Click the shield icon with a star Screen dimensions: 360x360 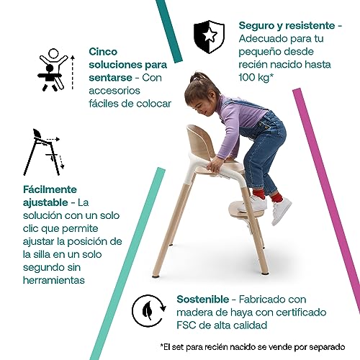(x=209, y=37)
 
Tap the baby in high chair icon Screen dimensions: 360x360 (x=53, y=70)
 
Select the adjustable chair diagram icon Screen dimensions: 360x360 (x=44, y=152)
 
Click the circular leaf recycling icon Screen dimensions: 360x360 (x=149, y=310)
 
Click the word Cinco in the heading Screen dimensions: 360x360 (x=103, y=52)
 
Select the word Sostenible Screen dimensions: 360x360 (x=203, y=300)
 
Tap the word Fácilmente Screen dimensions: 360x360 (x=50, y=189)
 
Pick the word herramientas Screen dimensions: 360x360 (x=54, y=280)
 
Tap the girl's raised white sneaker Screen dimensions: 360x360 (x=281, y=211)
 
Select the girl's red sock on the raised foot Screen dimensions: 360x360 (x=276, y=197)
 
